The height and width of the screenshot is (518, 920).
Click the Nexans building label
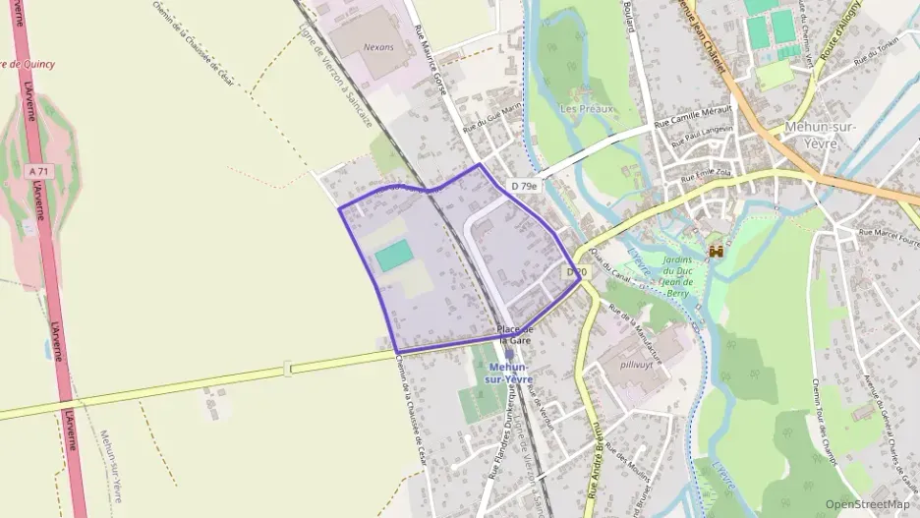(x=378, y=46)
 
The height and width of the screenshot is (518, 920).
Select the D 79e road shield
(x=524, y=185)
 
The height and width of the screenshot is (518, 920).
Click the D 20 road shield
(x=576, y=271)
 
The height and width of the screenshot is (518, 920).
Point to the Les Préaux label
(x=586, y=108)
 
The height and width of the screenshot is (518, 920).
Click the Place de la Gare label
(x=514, y=334)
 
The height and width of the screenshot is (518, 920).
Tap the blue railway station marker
(x=509, y=355)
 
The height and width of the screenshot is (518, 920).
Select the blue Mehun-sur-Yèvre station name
(x=510, y=374)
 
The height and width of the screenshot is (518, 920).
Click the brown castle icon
(x=716, y=252)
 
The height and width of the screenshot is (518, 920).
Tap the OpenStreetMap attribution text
(x=867, y=503)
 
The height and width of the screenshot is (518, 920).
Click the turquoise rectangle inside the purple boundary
(x=394, y=258)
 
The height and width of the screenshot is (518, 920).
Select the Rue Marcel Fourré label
(x=888, y=236)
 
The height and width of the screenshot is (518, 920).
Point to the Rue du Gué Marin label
(x=490, y=123)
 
